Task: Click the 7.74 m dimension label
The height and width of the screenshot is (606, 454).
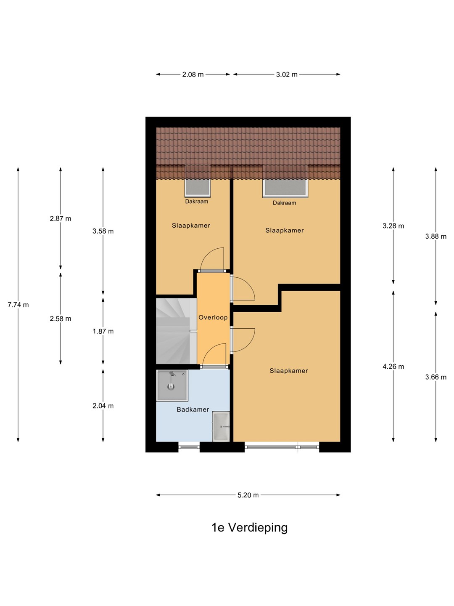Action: [18, 305]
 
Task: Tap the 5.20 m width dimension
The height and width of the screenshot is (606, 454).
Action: [248, 495]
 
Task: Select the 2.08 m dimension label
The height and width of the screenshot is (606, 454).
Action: [193, 74]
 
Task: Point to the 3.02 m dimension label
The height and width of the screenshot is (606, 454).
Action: [287, 74]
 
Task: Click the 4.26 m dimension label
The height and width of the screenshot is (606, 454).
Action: [393, 367]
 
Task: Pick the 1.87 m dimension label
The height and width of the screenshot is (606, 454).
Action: [103, 331]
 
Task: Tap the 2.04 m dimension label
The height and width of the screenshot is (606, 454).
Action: [103, 406]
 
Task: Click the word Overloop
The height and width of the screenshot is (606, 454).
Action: [213, 317]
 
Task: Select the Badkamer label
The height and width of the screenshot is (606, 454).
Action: [193, 409]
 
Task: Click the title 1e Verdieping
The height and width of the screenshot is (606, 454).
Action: [249, 528]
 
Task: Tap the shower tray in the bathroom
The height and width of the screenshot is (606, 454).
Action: [172, 385]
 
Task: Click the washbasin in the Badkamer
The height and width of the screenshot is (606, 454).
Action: [221, 427]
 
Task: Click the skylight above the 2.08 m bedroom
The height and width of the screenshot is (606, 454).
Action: [198, 188]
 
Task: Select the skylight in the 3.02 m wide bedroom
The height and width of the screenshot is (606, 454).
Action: [285, 189]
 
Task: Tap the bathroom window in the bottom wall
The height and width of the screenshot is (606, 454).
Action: [189, 447]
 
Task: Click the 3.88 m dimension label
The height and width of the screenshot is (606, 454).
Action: [436, 237]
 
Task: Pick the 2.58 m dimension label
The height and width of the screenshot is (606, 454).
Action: [61, 319]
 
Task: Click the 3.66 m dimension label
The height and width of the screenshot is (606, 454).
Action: [436, 377]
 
